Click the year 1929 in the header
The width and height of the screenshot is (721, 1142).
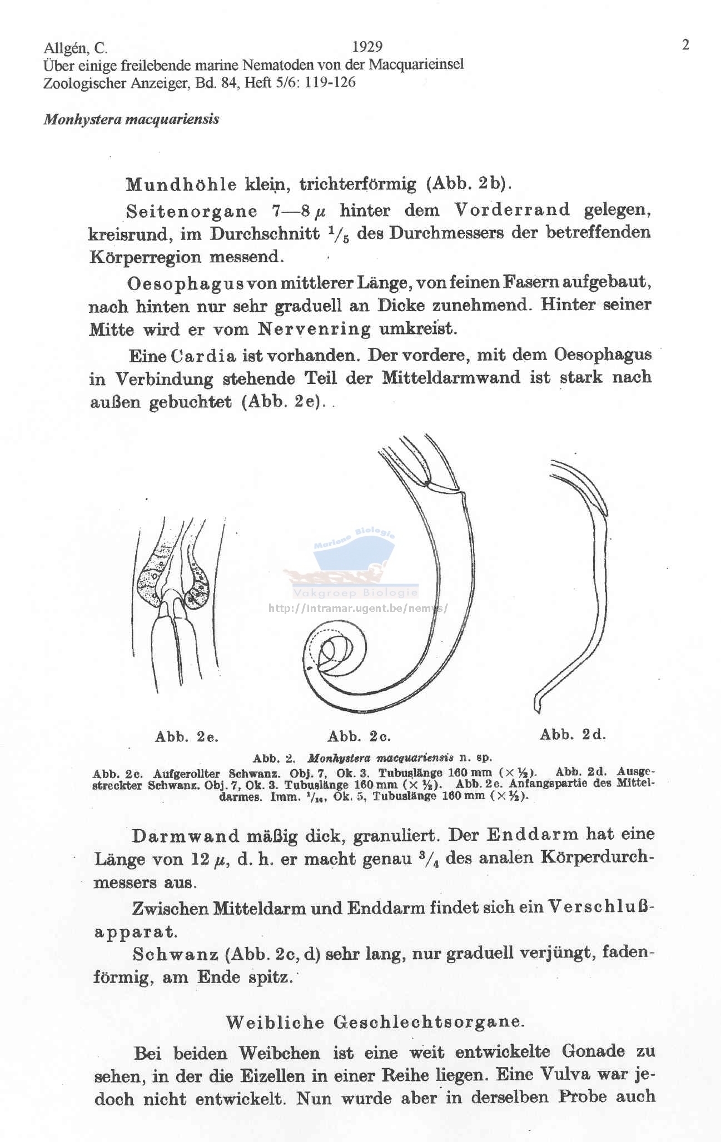[367, 47]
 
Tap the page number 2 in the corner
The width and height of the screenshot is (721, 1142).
[685, 45]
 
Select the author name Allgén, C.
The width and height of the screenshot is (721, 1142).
[75, 48]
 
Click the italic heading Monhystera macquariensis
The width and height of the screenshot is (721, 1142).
[131, 119]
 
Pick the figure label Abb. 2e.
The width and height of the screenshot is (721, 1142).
[187, 737]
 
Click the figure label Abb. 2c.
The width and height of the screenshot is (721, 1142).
[359, 737]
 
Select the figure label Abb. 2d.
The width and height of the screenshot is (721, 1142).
[573, 735]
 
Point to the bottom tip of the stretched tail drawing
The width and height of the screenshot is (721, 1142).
[537, 709]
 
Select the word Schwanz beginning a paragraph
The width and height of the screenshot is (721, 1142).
[174, 955]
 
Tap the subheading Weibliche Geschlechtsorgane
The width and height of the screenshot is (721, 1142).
[375, 1021]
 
